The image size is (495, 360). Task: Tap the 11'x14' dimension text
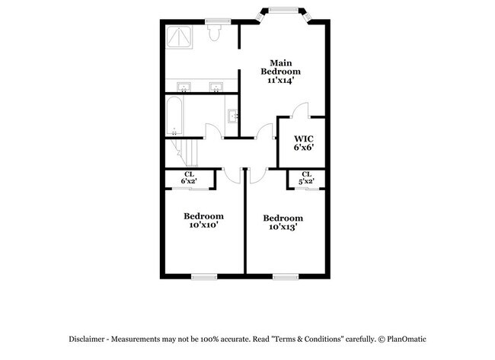point(280,79)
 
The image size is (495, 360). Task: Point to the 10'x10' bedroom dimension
point(203,225)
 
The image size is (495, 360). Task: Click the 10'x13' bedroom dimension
point(282,226)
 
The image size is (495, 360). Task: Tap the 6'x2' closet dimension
point(189,181)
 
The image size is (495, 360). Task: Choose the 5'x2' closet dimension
point(306,181)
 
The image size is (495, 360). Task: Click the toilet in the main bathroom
point(215,32)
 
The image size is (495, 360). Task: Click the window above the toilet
point(217,21)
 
